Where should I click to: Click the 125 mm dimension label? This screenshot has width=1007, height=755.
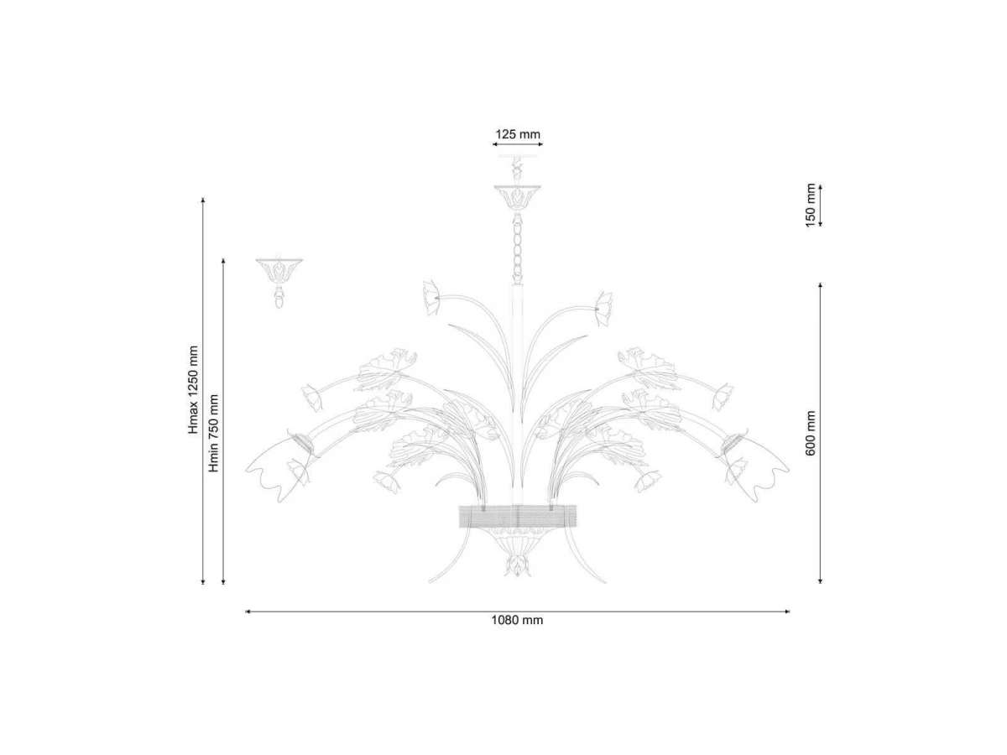[518, 134]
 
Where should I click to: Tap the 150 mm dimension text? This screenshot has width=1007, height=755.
[810, 205]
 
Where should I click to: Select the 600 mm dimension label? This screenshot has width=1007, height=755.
[810, 433]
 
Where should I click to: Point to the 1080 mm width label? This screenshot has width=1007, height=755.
[517, 620]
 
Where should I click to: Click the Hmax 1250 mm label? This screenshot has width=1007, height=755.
[193, 390]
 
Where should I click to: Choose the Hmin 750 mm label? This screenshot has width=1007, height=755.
[213, 433]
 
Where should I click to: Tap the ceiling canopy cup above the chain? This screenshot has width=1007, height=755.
[518, 198]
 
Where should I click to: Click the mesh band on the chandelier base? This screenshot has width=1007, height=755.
[518, 516]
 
